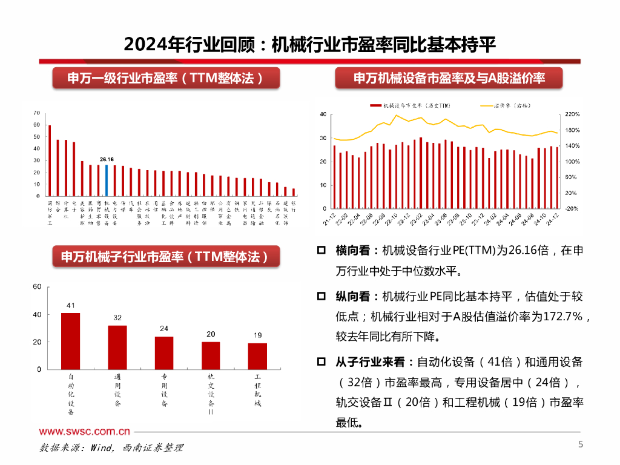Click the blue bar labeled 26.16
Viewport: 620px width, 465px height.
pos(107,180)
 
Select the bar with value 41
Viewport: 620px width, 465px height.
pos(71,341)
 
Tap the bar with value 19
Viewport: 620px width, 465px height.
pos(257,356)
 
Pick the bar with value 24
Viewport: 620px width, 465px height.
pos(164,352)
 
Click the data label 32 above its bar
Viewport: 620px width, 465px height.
pos(117,318)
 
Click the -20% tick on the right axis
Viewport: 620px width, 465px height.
pos(572,208)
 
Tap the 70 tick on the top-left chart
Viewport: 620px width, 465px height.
pos(36,113)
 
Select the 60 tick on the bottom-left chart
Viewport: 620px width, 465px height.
pos(36,286)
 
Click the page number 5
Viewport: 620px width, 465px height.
pos(580,446)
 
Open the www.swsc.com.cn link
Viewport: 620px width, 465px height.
pos(85,432)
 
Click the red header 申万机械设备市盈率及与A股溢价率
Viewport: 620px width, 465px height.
pos(449,78)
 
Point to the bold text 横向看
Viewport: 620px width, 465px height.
pos(353,250)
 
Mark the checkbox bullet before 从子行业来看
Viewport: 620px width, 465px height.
pos(322,362)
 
